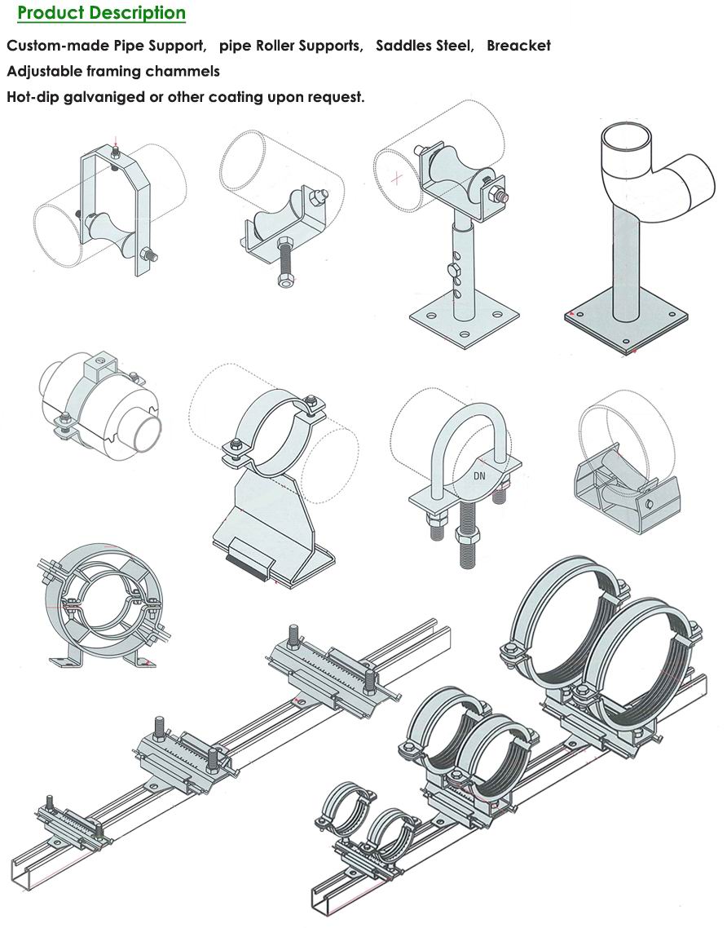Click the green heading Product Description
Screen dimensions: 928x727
click(x=101, y=14)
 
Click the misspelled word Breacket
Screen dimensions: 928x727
click(x=518, y=46)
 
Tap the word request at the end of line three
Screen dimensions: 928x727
click(x=335, y=97)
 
